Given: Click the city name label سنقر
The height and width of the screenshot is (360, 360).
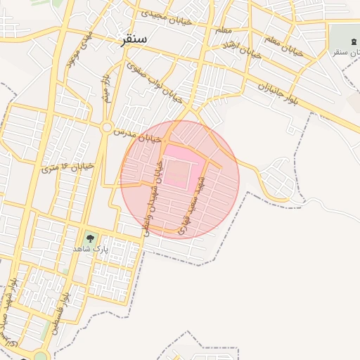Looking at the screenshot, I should pyautogui.click(x=134, y=39).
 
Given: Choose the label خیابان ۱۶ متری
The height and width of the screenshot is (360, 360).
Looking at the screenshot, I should pyautogui.click(x=67, y=167).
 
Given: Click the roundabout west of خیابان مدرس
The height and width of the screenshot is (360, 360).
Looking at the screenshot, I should pyautogui.click(x=107, y=127).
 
